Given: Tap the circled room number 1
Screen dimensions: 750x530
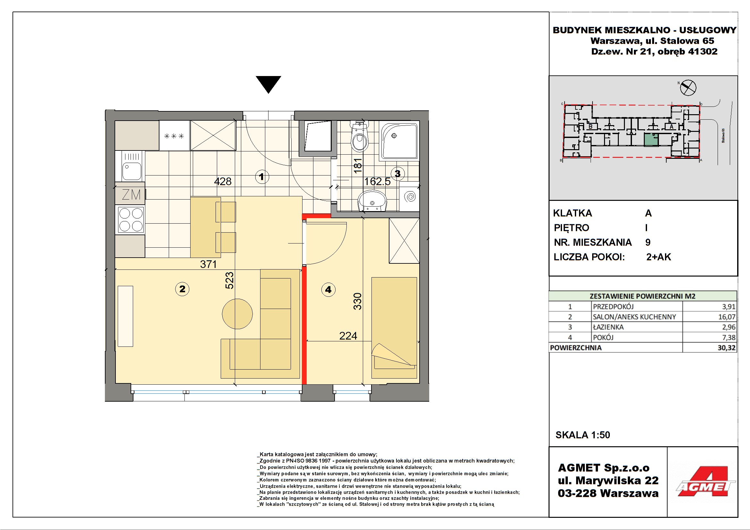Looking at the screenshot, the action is [x=262, y=177].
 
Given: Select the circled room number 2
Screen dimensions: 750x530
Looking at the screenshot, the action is [x=182, y=289].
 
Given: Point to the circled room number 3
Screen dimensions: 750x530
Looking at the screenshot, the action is [x=397, y=174].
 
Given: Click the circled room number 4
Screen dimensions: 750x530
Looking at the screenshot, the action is [x=328, y=289].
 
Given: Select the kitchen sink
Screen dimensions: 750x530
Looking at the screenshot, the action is [x=132, y=166].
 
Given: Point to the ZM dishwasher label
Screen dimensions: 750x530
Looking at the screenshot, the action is [x=131, y=195].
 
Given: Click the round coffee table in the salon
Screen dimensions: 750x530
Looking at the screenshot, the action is [x=237, y=314].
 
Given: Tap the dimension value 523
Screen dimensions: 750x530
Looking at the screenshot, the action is [x=230, y=280].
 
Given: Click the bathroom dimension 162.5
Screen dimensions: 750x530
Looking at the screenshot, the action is [x=377, y=181].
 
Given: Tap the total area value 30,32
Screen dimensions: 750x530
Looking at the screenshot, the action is [x=726, y=348].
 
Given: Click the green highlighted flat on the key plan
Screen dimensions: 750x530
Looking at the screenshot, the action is [x=651, y=140].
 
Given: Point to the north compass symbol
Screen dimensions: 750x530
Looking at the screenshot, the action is [x=688, y=87].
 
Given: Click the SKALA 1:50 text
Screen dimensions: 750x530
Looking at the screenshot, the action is [x=583, y=435].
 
